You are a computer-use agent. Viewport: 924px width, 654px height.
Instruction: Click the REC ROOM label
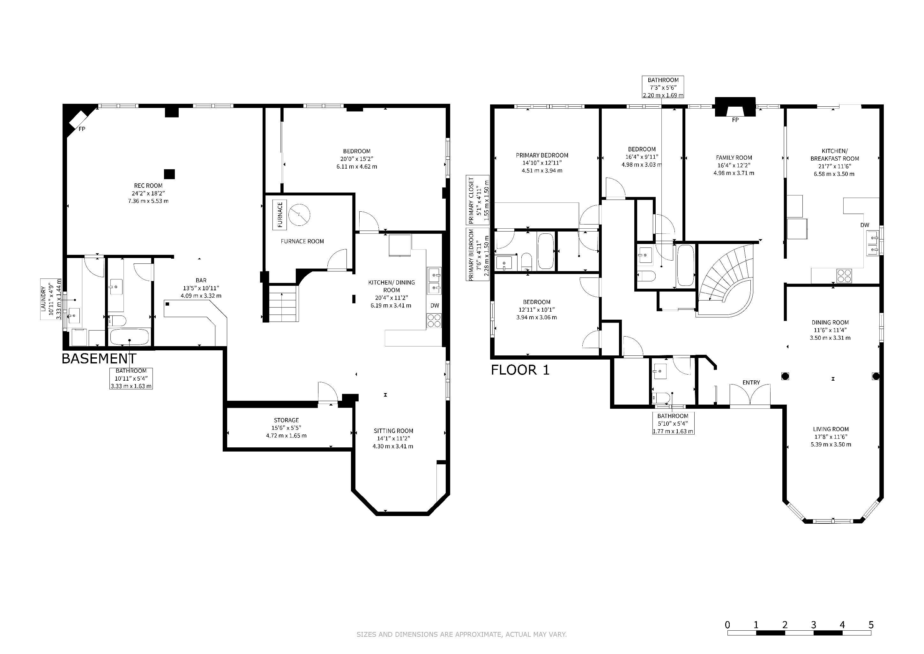coord(148,186)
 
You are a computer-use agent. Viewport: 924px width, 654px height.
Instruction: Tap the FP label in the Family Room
coord(735,120)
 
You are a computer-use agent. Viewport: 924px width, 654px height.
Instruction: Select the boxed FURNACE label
coord(280,215)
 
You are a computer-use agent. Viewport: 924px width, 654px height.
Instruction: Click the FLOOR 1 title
coord(520,370)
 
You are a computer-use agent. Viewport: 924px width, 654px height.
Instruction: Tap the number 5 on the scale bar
coord(871,625)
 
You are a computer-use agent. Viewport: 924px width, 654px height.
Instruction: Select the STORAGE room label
coord(287,420)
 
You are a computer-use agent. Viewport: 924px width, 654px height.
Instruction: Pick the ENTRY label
coord(751,383)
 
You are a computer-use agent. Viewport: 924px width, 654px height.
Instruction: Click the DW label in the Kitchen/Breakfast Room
coord(865,225)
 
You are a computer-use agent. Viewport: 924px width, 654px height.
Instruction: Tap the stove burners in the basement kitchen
coord(434,321)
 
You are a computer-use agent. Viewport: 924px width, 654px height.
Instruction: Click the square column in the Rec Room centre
coord(169,174)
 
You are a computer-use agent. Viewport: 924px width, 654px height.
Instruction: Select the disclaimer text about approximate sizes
coord(462,635)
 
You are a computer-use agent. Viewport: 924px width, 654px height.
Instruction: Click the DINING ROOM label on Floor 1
coord(830,323)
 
